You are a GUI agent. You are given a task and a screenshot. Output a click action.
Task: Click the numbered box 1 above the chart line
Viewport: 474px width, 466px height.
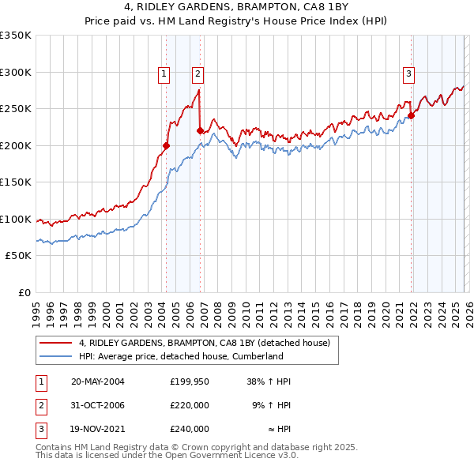(164, 75)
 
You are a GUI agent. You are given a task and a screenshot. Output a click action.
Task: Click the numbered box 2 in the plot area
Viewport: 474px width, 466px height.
(197, 75)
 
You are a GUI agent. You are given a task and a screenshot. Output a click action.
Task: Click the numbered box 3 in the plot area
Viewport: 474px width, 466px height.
(408, 75)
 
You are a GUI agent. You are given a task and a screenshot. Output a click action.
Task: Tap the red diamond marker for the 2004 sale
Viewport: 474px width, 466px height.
(166, 145)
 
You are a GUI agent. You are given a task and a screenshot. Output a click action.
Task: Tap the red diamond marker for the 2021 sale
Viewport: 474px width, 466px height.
(412, 115)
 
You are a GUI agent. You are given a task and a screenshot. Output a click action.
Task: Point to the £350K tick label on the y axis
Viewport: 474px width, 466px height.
(16, 36)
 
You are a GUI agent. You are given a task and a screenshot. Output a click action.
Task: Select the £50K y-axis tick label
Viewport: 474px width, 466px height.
(19, 256)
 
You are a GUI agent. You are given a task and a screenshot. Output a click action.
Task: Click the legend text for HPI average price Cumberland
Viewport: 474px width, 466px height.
(181, 356)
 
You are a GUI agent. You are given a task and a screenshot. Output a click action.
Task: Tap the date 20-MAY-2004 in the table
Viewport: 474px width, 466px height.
(98, 381)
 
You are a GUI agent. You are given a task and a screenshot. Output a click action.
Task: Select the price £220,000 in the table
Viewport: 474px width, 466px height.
(190, 405)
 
